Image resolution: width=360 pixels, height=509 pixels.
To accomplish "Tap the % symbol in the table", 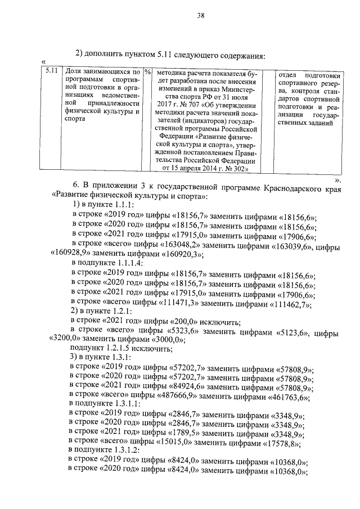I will pos(147,72).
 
